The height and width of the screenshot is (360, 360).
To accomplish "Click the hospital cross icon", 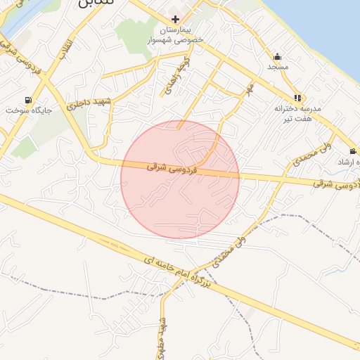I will (x=175, y=19).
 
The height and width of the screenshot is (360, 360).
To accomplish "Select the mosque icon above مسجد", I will (x=276, y=56).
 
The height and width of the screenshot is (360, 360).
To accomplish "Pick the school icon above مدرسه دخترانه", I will (x=297, y=98).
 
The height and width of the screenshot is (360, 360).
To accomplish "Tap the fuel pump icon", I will (x=28, y=100).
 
